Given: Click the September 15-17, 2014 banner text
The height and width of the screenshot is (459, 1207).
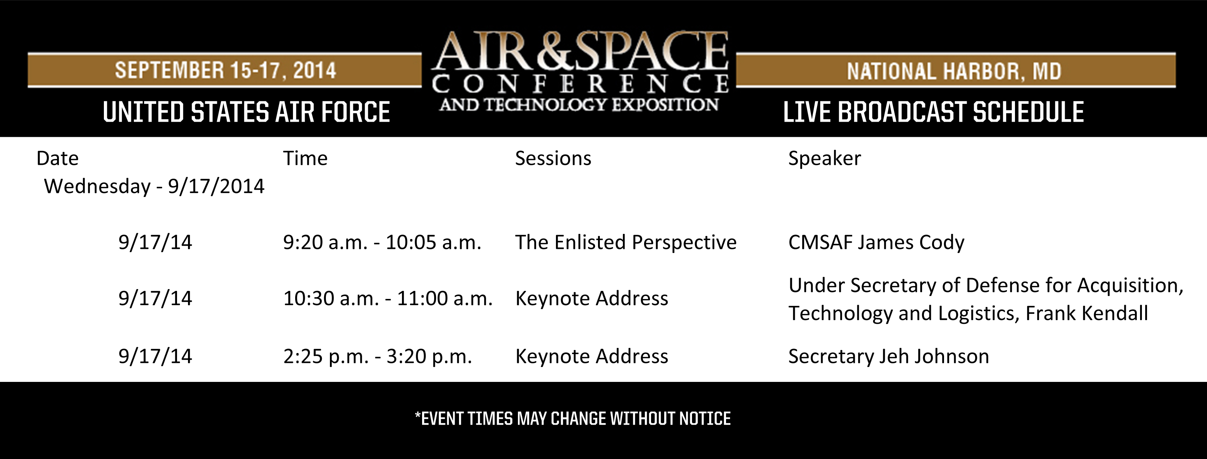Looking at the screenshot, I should [x=225, y=70].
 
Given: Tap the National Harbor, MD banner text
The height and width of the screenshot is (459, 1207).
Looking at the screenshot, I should [x=954, y=71].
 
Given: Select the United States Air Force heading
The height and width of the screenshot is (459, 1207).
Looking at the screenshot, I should [x=246, y=113].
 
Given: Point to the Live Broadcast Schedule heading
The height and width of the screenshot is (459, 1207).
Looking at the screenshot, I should [x=933, y=113].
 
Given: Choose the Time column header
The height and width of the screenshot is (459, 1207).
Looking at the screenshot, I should [x=305, y=158].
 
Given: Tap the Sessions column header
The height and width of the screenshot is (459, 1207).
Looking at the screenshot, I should [x=553, y=158].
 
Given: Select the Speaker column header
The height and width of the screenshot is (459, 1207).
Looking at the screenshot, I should [x=824, y=158].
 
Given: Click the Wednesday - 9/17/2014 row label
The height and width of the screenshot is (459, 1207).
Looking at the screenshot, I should [x=154, y=186].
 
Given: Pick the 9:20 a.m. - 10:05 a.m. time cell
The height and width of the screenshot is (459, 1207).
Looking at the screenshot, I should [x=382, y=243].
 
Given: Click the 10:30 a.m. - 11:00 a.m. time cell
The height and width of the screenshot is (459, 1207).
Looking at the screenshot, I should [x=387, y=298].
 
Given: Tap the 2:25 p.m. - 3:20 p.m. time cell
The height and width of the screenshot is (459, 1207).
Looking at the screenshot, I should [x=377, y=356].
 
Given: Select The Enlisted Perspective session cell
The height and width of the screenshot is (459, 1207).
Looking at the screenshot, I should [x=625, y=243].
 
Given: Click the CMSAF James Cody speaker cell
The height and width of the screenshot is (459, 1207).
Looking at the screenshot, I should [x=876, y=243].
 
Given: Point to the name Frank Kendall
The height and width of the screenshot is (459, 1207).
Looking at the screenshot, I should [x=1087, y=313].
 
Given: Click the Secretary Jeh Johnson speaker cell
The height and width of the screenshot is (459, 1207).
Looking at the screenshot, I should [x=888, y=356].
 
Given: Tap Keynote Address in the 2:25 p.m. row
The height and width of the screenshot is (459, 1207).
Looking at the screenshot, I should [x=591, y=356].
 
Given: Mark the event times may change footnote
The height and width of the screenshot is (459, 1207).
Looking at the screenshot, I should [x=572, y=418].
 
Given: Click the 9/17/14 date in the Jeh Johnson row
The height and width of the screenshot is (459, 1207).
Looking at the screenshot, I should [x=155, y=356].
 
